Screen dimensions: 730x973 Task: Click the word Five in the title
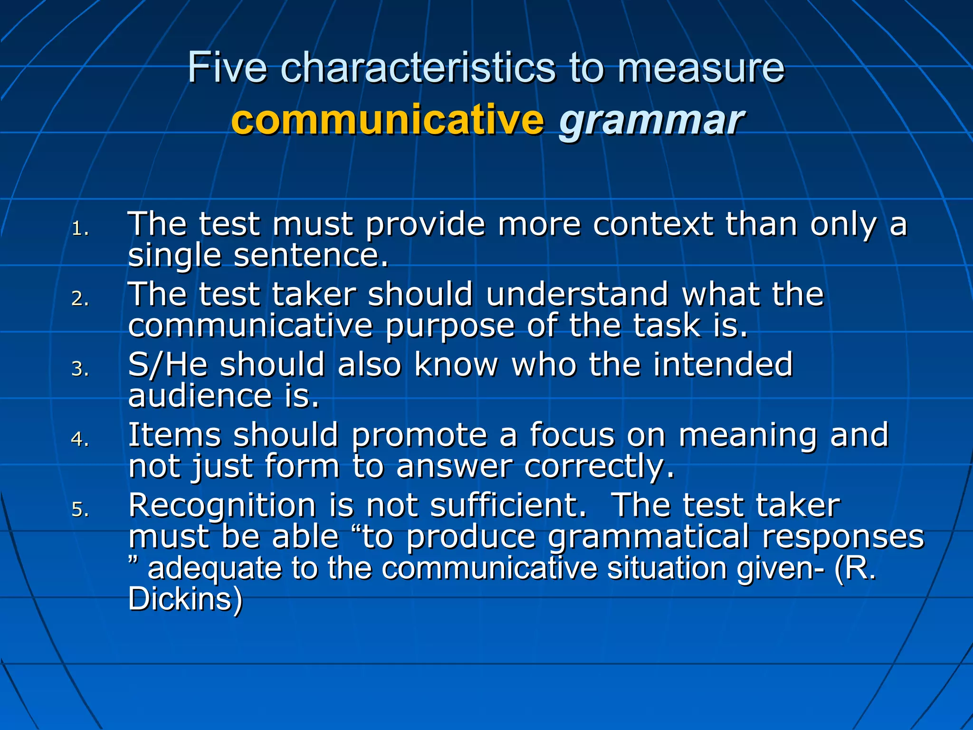click(x=227, y=68)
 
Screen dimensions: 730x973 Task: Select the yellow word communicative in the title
click(x=387, y=120)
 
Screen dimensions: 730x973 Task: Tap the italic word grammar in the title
click(x=651, y=121)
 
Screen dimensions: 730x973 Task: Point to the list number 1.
click(x=80, y=229)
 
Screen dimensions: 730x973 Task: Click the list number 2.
click(x=80, y=298)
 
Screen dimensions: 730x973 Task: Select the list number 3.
click(x=80, y=369)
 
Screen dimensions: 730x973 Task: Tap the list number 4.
click(x=80, y=439)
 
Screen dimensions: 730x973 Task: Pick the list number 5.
click(x=80, y=509)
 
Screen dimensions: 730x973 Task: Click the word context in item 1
click(x=653, y=224)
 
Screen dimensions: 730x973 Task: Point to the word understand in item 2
click(x=577, y=294)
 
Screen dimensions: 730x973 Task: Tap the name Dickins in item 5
click(x=184, y=599)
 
